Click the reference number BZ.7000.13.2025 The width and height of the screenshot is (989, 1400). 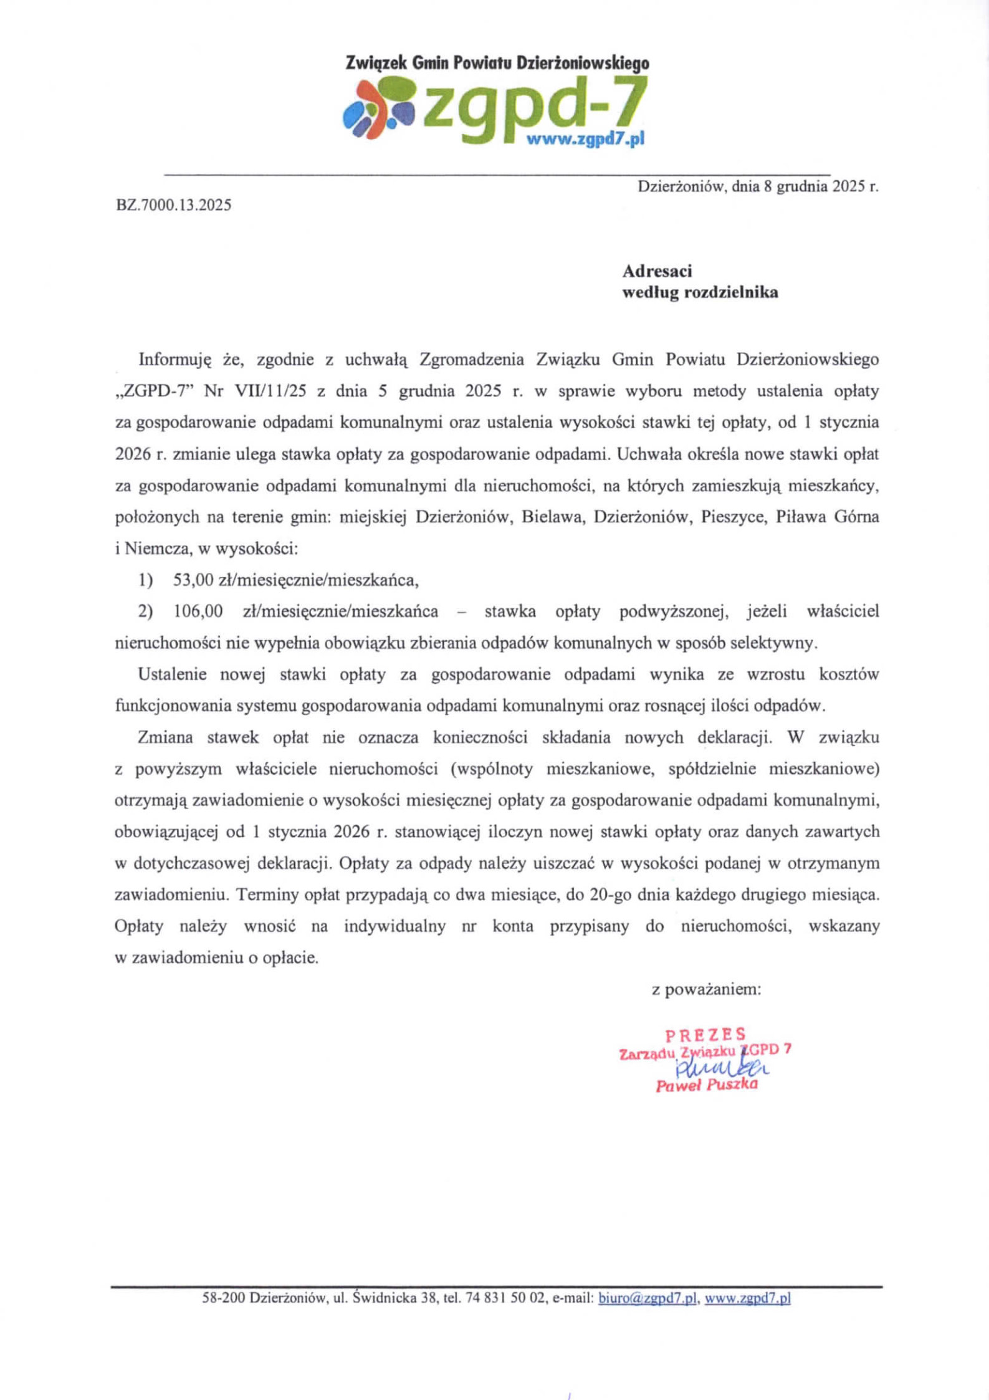point(173,204)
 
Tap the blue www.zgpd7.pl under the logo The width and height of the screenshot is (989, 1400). point(585,140)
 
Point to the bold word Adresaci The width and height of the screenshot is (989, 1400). point(657,271)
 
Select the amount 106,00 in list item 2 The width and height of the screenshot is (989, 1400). point(198,611)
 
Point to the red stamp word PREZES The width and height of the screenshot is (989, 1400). point(705,1035)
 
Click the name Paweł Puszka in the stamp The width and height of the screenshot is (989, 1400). point(707,1085)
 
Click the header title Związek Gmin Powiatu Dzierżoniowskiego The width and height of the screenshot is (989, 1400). point(497,63)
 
